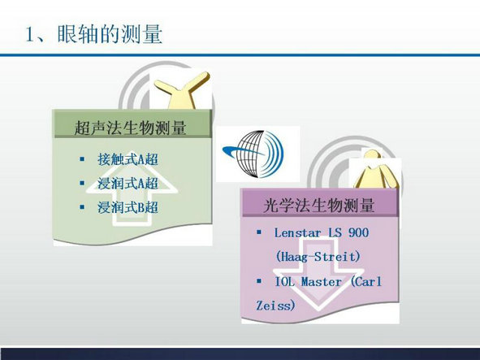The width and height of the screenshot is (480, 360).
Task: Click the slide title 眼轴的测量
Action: point(110,33)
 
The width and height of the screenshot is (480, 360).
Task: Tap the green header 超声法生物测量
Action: point(130,128)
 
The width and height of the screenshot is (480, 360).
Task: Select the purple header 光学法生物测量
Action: point(318,205)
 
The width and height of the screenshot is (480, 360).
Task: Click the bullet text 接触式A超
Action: point(128,159)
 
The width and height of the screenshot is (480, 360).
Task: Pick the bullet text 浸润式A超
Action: point(128,183)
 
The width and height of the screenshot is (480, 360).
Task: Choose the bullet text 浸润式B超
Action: point(128,207)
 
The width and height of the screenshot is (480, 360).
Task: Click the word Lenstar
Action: point(297,232)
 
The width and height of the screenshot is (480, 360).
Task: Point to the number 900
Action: point(358,232)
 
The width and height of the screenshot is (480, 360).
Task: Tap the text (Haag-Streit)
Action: point(318,257)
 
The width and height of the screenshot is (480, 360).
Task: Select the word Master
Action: point(321,281)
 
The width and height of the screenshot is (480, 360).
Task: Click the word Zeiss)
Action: point(275,306)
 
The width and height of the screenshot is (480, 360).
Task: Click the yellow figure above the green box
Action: point(183,91)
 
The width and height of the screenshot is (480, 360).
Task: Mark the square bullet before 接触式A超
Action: point(82,158)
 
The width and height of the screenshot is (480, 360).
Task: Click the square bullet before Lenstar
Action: point(259,232)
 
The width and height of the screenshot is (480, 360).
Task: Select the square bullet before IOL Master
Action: point(259,280)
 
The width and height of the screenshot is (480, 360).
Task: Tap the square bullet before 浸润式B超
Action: point(82,207)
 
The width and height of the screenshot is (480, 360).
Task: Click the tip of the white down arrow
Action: point(318,310)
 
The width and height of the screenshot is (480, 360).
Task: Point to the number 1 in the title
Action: point(30,34)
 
